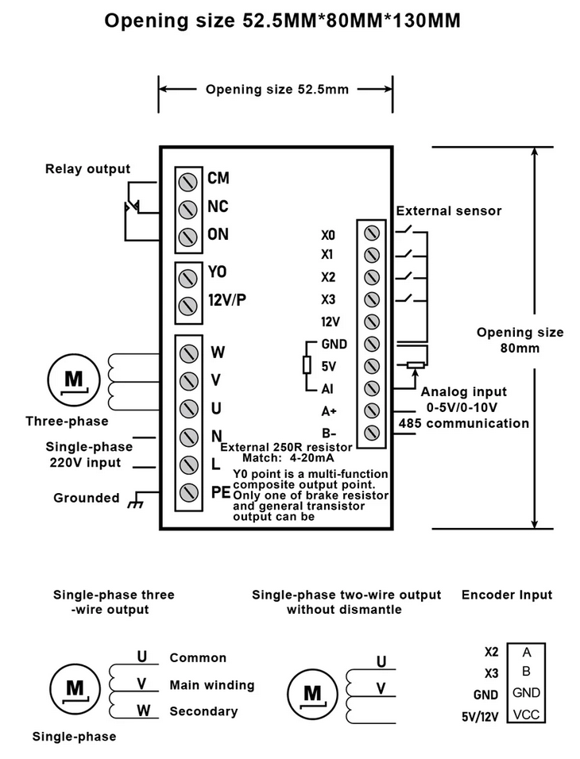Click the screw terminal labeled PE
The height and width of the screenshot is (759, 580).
point(189,491)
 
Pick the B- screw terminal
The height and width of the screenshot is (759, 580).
point(371,433)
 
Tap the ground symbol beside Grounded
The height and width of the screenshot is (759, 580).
point(135,501)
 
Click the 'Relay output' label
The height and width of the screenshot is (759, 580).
point(87,168)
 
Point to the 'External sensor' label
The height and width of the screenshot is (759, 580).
point(449,210)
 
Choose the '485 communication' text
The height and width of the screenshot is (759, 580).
point(463,423)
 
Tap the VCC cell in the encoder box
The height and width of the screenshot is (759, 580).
point(527,714)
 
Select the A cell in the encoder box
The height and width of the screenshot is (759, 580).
point(527,652)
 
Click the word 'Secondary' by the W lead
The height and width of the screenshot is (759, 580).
point(203,711)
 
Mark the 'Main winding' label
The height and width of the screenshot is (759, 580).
point(211,685)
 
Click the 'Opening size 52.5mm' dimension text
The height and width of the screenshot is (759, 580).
point(276,89)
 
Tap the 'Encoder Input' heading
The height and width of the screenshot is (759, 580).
point(506,594)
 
